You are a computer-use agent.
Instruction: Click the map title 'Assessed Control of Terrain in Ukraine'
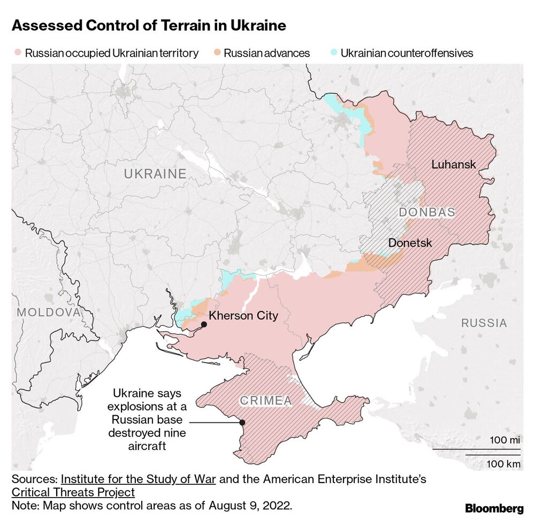point(149,26)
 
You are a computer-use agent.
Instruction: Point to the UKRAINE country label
point(155,174)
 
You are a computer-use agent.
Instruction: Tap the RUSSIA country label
point(484,323)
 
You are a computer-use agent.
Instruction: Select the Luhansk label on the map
point(454,164)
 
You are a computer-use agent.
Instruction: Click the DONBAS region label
point(427,212)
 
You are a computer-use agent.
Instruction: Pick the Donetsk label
point(410,242)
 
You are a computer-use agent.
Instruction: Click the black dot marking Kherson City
point(204,324)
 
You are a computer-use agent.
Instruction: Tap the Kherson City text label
point(243,316)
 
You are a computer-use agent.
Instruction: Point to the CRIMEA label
point(265,400)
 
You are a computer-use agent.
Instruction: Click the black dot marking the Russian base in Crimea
point(242,422)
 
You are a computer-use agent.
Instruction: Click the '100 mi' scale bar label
point(505,440)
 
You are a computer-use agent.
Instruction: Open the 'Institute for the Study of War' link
point(139,479)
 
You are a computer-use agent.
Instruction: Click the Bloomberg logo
point(494,508)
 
